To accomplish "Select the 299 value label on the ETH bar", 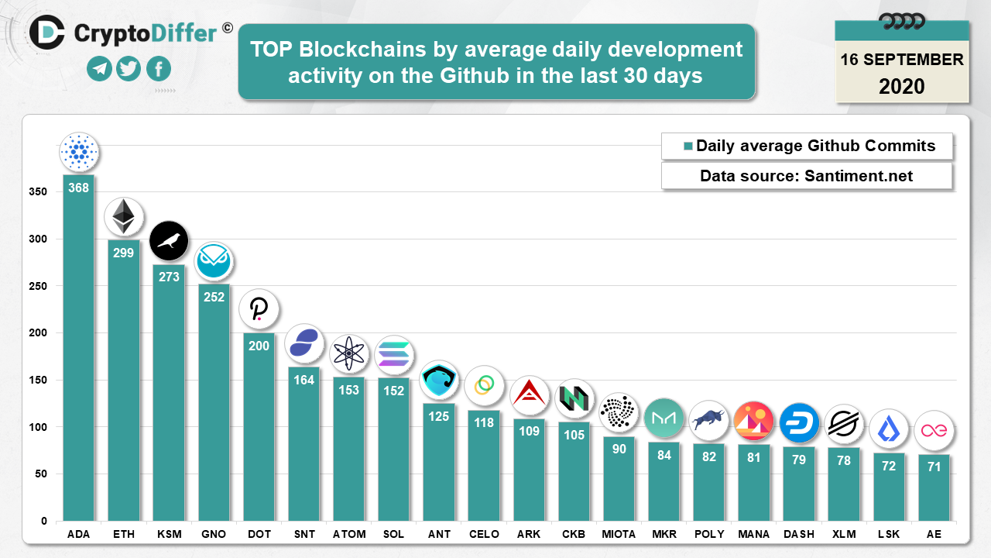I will (x=123, y=253).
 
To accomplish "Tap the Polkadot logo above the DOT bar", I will (x=259, y=310).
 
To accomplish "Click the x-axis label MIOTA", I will (x=619, y=535).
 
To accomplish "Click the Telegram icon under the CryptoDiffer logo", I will (x=99, y=69).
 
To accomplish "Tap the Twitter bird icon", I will (x=129, y=69).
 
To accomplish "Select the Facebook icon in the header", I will (x=158, y=69).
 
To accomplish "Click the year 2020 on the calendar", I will (x=902, y=86).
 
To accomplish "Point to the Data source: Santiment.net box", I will (x=806, y=176).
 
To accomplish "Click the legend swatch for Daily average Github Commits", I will (x=687, y=146).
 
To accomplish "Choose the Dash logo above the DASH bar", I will (x=799, y=423).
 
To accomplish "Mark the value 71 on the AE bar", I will (x=934, y=467).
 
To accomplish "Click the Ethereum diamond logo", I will (x=123, y=217).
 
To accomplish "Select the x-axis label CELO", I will (x=483, y=535).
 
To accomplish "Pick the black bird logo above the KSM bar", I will (x=168, y=241).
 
